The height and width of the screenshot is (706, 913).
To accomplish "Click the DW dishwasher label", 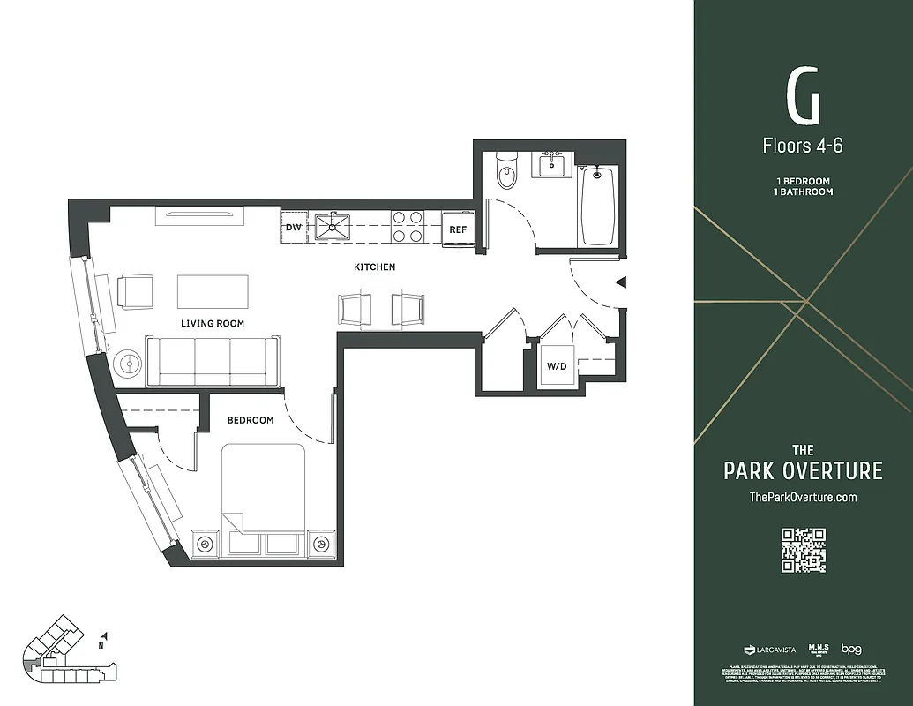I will pos(293,228).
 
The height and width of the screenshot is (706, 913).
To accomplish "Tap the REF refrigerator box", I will pos(458,229).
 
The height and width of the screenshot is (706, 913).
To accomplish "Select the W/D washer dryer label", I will pos(557,365).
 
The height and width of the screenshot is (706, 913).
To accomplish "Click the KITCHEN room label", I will pos(374,267).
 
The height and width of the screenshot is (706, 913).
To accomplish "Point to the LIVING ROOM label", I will pos(213,324).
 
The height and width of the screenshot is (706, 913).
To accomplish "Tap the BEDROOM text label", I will pos(250,420).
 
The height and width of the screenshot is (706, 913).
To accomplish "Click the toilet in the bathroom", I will pos(506,175).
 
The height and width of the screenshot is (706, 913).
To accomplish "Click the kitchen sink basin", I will pos(333,227).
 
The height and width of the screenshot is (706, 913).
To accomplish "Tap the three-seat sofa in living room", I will pos(212,361).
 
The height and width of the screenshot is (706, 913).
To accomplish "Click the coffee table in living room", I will pos(213,291).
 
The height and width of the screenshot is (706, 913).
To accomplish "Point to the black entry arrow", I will pos(621,282).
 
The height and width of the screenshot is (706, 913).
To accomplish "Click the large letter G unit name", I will pos(803,96).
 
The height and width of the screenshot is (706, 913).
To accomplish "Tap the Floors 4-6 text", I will pos(803,145).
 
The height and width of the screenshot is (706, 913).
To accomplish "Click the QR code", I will pos(803,550).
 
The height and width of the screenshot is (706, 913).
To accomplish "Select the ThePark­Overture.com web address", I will pos(803,497).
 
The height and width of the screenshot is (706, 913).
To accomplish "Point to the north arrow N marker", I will pos(104,639).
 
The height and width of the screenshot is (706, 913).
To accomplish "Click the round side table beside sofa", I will pos(129,363).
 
